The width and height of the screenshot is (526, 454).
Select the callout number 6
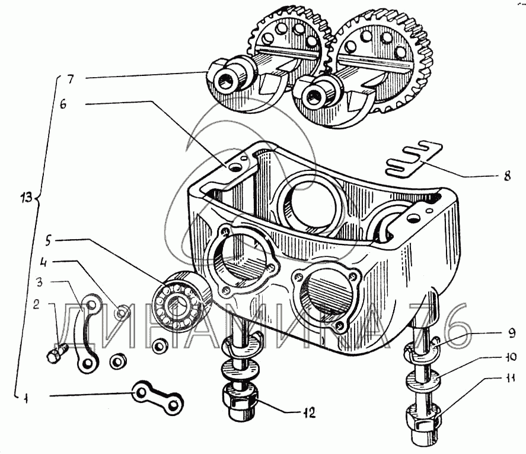click(x=63, y=104)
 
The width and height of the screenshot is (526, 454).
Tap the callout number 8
click(x=507, y=176)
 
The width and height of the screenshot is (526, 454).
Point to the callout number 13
click(x=25, y=197)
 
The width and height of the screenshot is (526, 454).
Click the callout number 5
click(x=49, y=241)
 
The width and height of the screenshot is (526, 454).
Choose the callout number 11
click(x=509, y=379)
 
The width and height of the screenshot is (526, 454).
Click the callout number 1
click(x=25, y=399)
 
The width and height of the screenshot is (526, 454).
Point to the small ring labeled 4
click(x=122, y=313)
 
